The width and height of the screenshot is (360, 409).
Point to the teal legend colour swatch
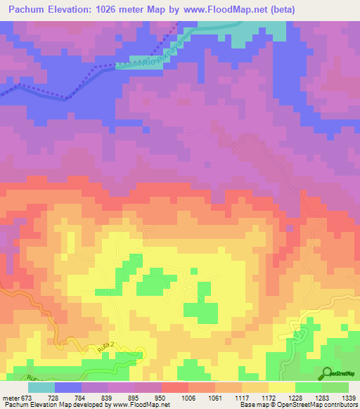41,387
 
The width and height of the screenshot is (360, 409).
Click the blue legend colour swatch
68,387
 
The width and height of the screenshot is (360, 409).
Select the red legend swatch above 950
175,387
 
